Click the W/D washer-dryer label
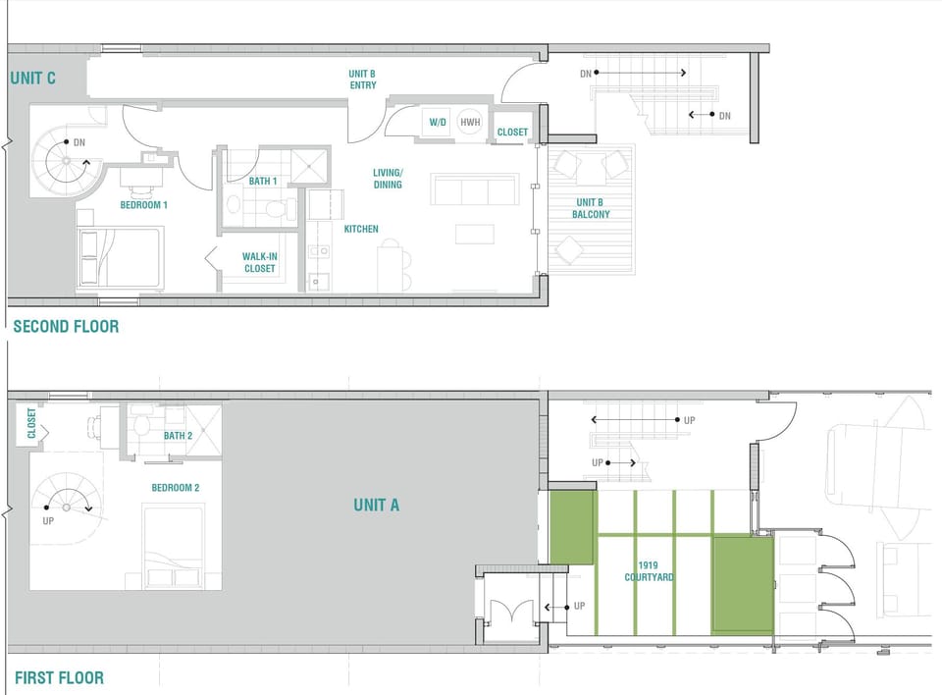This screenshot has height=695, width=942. pyautogui.click(x=437, y=123)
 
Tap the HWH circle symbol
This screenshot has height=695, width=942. pyautogui.click(x=470, y=123)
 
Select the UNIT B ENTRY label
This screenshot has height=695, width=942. pyautogui.click(x=362, y=80)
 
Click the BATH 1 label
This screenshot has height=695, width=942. pyautogui.click(x=263, y=181)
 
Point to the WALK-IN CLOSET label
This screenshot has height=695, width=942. pyautogui.click(x=259, y=262)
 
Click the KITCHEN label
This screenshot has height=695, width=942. pyautogui.click(x=360, y=229)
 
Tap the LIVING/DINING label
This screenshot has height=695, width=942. pyautogui.click(x=387, y=179)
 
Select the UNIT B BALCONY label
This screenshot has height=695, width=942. pyautogui.click(x=592, y=208)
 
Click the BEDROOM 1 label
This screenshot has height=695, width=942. pyautogui.click(x=143, y=205)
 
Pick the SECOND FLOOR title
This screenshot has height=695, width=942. pyautogui.click(x=65, y=326)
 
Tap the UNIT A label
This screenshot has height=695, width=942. pyautogui.click(x=376, y=505)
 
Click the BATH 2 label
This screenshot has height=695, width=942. pyautogui.click(x=178, y=436)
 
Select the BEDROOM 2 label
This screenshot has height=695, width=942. pyautogui.click(x=176, y=488)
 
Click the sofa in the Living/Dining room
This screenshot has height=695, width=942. pyautogui.click(x=475, y=189)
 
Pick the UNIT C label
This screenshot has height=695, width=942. pyautogui.click(x=32, y=78)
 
